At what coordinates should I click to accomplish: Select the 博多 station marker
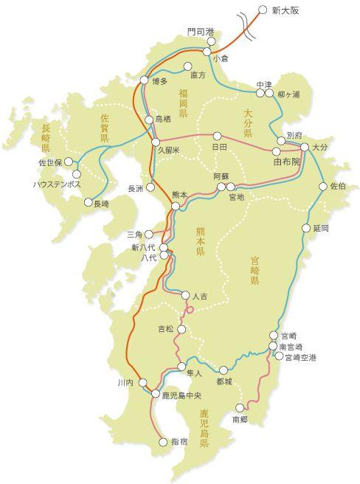(145, 82)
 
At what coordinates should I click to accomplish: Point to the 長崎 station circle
(88, 202)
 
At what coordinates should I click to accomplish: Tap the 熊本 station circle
(176, 207)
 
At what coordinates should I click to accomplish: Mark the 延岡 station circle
(306, 229)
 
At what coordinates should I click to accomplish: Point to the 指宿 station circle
(164, 443)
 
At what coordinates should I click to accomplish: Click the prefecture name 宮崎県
(254, 271)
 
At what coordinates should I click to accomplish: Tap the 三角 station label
(133, 234)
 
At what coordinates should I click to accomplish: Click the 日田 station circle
(217, 136)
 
